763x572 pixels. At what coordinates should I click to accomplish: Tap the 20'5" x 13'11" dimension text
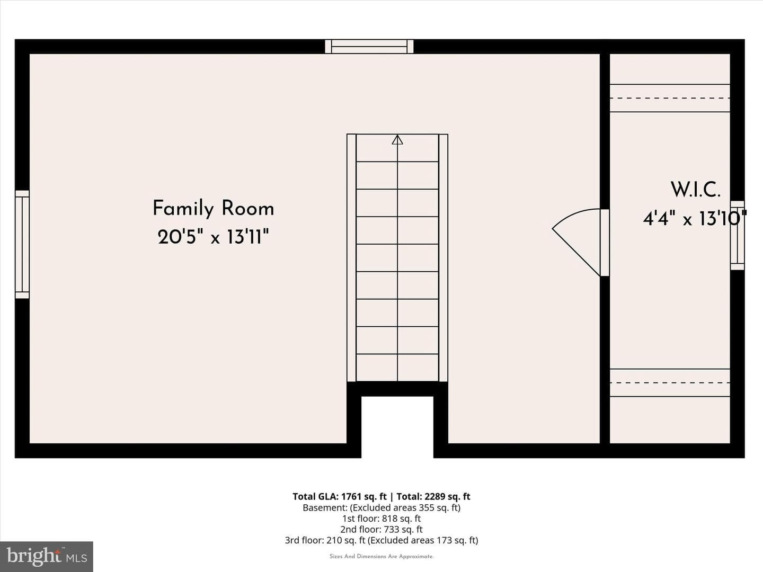pyautogui.click(x=214, y=237)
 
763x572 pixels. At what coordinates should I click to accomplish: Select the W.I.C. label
pyautogui.click(x=695, y=190)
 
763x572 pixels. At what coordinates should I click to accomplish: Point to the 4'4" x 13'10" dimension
pyautogui.click(x=695, y=218)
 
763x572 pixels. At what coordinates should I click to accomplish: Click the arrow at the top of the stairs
pyautogui.click(x=397, y=140)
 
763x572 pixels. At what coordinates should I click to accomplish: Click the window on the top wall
pyautogui.click(x=369, y=47)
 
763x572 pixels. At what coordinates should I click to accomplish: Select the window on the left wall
pyautogui.click(x=22, y=245)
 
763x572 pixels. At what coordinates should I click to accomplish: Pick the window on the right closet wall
pyautogui.click(x=737, y=235)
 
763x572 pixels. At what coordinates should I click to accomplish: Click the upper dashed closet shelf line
pyautogui.click(x=670, y=98)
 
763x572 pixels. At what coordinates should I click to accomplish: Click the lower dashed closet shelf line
pyautogui.click(x=670, y=383)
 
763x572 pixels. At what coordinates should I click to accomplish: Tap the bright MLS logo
pyautogui.click(x=47, y=556)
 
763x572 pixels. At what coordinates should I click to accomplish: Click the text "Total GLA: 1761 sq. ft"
pyautogui.click(x=339, y=496)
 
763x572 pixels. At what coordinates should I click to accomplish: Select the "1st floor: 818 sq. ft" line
pyautogui.click(x=381, y=519)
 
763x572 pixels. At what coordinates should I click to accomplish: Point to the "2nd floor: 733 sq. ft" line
pyautogui.click(x=381, y=529)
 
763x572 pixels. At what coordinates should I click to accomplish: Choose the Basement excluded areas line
pyautogui.click(x=381, y=508)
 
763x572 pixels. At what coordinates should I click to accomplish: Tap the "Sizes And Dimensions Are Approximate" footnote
pyautogui.click(x=381, y=556)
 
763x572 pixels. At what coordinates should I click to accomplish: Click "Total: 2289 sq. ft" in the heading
pyautogui.click(x=433, y=496)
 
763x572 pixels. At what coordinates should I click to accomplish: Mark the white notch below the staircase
pyautogui.click(x=397, y=427)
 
